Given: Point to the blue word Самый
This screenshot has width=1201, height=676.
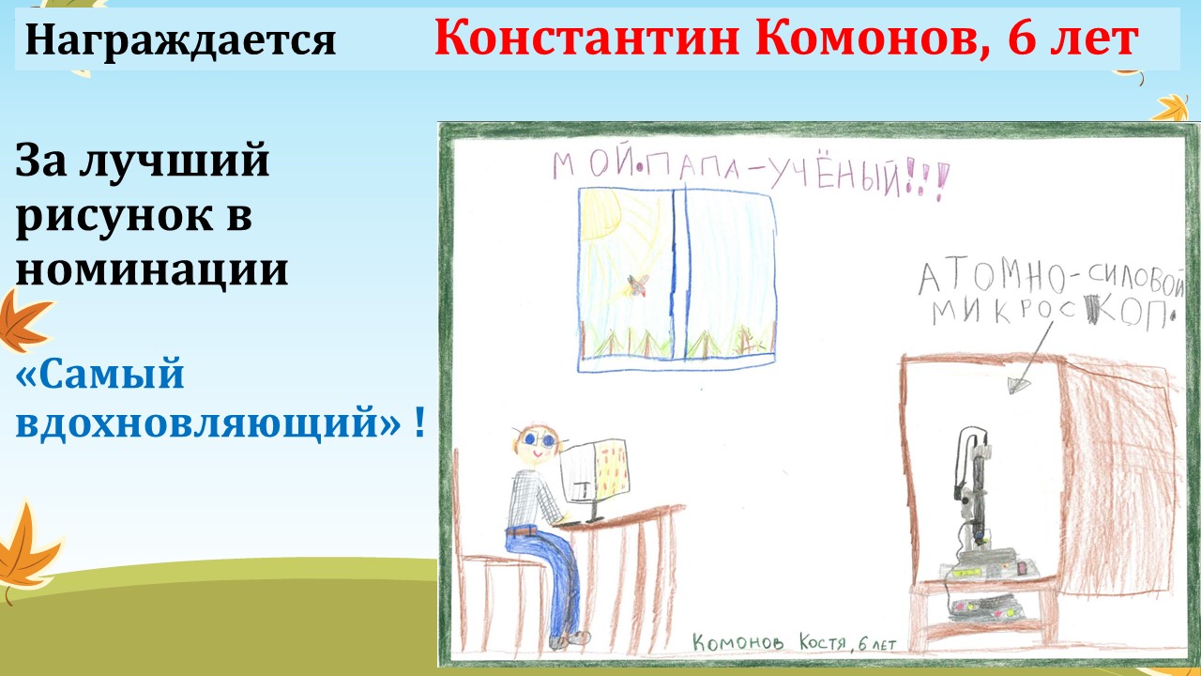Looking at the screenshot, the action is coord(99,375).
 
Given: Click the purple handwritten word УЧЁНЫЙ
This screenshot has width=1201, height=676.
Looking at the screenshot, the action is coord(835,177).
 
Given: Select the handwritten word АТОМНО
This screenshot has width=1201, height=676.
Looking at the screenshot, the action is coord(992,280).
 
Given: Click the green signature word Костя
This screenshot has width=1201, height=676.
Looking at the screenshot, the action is coord(823,642).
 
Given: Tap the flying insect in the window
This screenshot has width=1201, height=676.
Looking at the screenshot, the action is coord(638,284).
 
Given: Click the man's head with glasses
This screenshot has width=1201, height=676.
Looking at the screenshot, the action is coord(536,445).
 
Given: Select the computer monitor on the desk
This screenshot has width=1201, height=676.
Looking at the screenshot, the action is coord(595,471).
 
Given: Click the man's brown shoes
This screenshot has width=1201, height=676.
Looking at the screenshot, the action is coord(571,639).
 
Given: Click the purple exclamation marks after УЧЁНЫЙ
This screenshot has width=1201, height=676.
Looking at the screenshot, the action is coord(926,178).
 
